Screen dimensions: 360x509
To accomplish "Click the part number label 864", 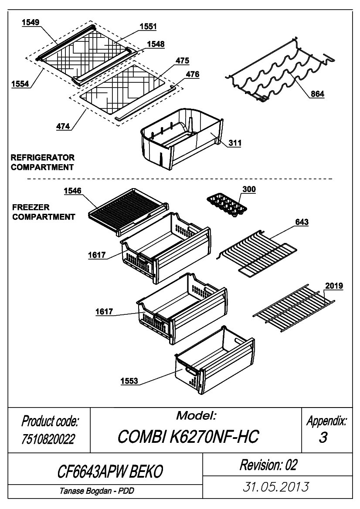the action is pos(317,94).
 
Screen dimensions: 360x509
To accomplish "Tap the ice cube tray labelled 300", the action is pos(227,206).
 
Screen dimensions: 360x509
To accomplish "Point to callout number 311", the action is pos(235,143).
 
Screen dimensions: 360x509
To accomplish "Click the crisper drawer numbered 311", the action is pos(182,139).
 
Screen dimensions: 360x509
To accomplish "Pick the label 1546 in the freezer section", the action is pos(72,191).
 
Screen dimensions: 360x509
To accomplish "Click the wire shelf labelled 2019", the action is pos(294,308).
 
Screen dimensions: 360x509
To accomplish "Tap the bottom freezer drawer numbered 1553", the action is pos(214,361).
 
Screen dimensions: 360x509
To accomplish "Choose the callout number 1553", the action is pos(129,381).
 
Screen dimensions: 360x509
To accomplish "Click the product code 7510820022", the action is pos(48,439).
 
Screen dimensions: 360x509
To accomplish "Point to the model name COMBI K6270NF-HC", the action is pos(188,437).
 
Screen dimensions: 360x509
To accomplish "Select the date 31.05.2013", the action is pos(276,487).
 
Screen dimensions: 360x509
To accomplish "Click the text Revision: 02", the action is pos(268,465).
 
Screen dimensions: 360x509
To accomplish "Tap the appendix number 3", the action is pos(323,437).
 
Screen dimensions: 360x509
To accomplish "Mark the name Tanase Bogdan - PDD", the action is pos(97,491).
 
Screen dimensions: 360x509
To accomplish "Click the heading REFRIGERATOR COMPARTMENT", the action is pos(43,162).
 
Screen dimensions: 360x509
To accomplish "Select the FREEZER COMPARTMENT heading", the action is pos(44,212).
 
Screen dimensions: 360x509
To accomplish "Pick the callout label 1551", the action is pos(148,26).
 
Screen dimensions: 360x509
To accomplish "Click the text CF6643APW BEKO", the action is pos(110,472).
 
